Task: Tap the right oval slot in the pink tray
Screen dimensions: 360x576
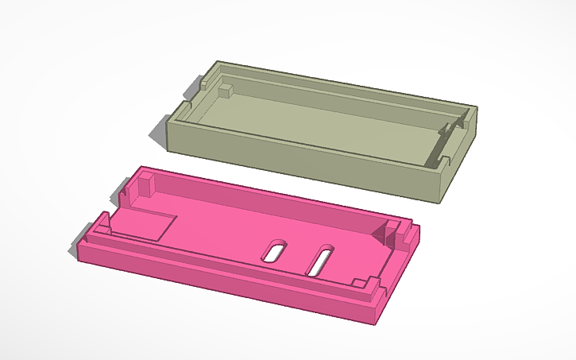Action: pyautogui.click(x=321, y=260)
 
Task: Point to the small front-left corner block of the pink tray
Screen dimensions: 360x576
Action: pyautogui.click(x=102, y=222)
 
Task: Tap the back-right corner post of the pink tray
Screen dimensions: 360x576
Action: pyautogui.click(x=394, y=234)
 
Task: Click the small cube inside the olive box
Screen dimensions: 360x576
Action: pyautogui.click(x=225, y=90)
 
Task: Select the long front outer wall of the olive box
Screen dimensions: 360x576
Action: pyautogui.click(x=302, y=163)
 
